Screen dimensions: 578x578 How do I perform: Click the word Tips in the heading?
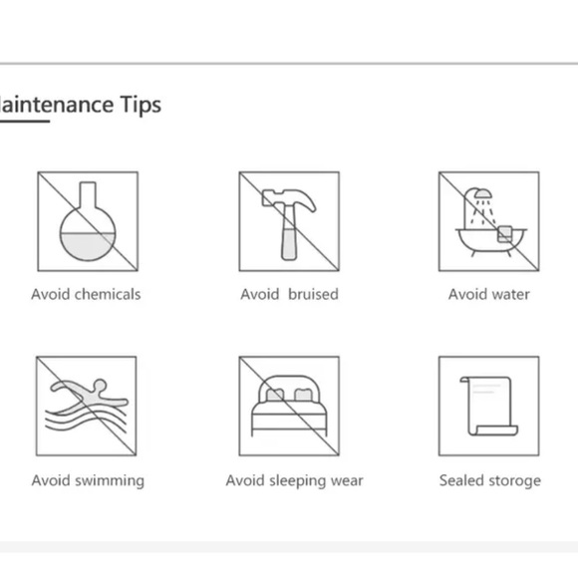(141, 105)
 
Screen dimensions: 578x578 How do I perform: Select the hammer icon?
(289, 224)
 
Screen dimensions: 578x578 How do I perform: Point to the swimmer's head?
(100, 386)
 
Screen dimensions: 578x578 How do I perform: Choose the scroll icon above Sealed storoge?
(488, 406)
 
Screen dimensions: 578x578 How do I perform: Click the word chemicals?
(108, 295)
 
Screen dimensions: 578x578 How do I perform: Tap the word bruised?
(313, 295)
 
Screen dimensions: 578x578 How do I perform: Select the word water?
(511, 295)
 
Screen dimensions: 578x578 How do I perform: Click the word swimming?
(109, 481)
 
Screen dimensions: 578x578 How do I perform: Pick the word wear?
(347, 481)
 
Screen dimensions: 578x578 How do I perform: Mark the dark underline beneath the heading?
(25, 121)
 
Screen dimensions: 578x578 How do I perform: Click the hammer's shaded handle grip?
(289, 244)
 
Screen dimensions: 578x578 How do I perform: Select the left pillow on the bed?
(274, 396)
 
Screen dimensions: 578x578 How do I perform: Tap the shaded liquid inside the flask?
(88, 246)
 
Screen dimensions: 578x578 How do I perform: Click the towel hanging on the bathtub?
(504, 234)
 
